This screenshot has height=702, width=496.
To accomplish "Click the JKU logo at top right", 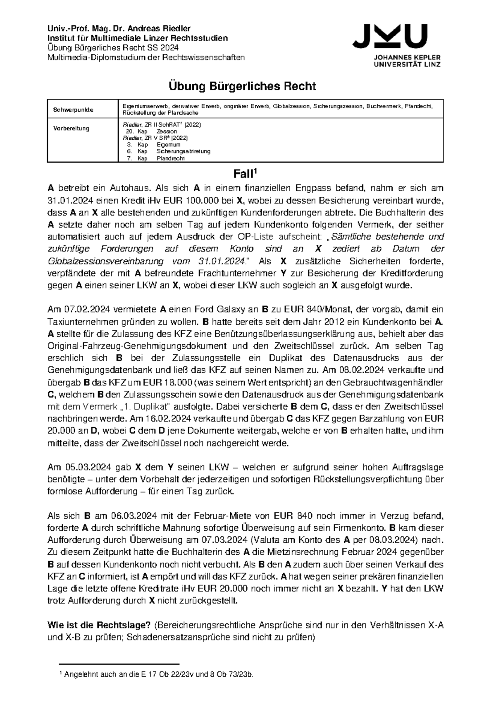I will (x=396, y=44).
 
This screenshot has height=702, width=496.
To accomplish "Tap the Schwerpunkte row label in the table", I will (x=73, y=110).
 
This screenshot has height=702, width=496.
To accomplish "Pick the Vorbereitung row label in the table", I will (x=71, y=128).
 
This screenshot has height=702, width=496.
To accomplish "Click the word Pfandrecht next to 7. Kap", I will (x=169, y=158).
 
